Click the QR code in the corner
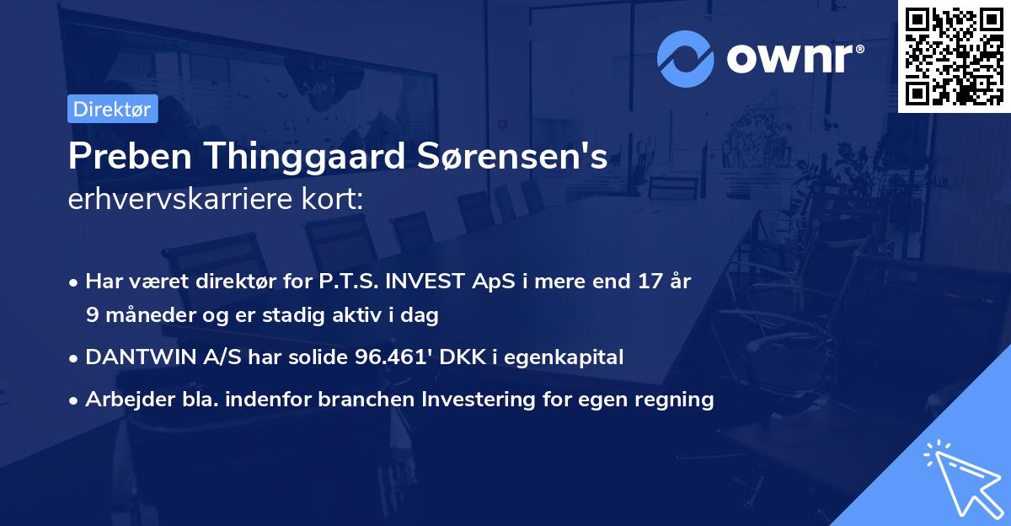[x=954, y=56]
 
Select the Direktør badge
[x=113, y=109]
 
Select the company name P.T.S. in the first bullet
[x=343, y=282]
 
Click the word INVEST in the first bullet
[x=416, y=282]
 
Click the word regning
[x=677, y=400]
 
